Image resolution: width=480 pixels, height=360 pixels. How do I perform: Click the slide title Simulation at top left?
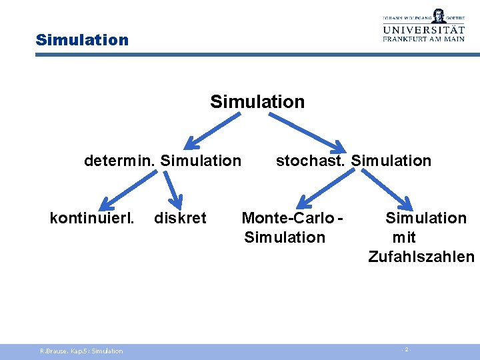coord(82,40)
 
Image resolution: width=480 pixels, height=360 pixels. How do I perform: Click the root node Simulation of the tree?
coord(257,102)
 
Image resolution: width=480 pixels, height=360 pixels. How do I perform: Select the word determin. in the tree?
coord(120,161)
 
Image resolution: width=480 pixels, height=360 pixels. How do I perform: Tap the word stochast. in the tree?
coord(311,161)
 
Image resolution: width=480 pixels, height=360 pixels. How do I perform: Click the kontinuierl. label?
coord(93,218)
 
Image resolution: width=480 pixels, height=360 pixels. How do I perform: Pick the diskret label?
coord(180,218)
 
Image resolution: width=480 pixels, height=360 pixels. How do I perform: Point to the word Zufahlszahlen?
coord(421,257)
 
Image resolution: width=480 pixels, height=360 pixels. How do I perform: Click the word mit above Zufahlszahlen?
coord(404,237)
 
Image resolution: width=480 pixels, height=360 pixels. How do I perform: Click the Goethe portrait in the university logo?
coord(438,15)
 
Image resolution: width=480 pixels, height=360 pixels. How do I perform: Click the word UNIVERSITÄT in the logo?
coord(432,30)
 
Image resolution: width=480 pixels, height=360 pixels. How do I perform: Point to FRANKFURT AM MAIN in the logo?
coord(432,40)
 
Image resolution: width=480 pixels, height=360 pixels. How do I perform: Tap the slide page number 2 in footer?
coord(407,350)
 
